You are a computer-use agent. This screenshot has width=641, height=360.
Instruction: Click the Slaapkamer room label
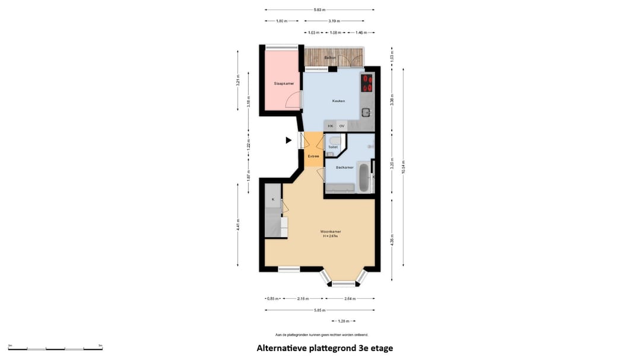pos(284,84)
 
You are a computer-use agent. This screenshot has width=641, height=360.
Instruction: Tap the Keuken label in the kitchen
pos(338,101)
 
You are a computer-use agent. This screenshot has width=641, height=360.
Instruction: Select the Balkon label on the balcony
pos(330,58)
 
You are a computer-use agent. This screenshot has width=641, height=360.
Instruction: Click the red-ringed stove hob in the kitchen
pos(367,83)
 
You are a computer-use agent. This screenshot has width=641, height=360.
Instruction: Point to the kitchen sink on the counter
pos(366,111)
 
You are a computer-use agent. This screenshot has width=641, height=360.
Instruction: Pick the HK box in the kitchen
pos(331,126)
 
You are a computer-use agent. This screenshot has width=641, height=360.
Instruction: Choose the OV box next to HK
pos(342,126)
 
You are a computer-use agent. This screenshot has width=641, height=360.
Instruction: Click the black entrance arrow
pos(288,141)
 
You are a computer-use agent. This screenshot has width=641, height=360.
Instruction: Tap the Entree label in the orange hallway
pos(313,156)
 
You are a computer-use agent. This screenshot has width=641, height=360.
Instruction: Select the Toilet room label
pos(333,147)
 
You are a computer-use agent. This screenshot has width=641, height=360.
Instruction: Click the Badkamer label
pos(344,167)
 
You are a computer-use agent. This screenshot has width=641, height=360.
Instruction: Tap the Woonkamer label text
pos(330,231)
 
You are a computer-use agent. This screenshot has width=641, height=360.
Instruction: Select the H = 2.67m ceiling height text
pos(330,236)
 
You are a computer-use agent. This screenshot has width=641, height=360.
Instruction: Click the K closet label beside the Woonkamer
pos(273,199)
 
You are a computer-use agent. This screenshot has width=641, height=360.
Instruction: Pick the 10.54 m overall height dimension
pos(404,167)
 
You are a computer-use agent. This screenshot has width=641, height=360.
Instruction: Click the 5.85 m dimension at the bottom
pos(320,310)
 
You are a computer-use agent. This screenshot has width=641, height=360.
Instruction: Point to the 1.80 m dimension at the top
pos(282,21)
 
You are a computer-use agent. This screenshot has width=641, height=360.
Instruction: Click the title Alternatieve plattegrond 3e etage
pos(325,348)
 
